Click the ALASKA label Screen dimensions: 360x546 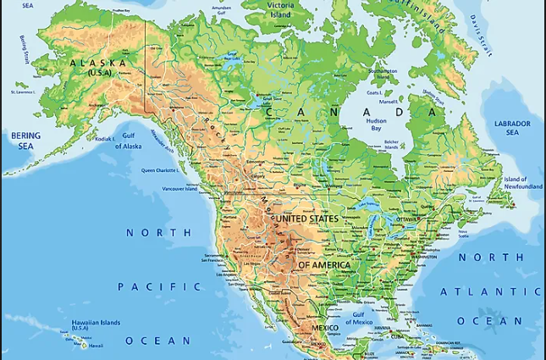point(98,64)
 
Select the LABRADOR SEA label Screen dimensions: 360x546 point(513,128)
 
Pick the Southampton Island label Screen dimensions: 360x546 point(383,73)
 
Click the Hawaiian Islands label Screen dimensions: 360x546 point(96,324)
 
